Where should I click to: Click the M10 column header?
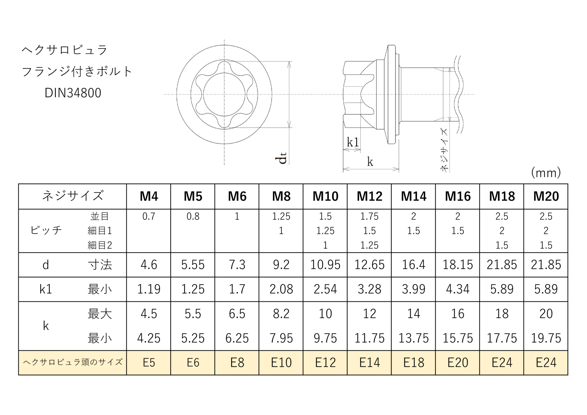[x=325, y=196]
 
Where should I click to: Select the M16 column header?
[x=458, y=196]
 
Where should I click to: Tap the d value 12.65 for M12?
[x=369, y=264]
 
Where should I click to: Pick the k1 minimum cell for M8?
[x=281, y=289]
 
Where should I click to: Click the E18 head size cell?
[x=414, y=363]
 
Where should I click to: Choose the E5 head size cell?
[x=149, y=363]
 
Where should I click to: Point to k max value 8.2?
[x=281, y=313]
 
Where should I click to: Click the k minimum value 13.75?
[x=414, y=338]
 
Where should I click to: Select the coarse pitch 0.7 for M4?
[x=149, y=216]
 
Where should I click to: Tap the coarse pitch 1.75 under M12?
[x=369, y=216]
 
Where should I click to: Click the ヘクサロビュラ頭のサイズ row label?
[x=73, y=362]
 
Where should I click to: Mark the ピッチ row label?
[x=46, y=230]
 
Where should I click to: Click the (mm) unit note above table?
[x=546, y=173]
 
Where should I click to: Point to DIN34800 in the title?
[x=73, y=93]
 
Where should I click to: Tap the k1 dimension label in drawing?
[x=353, y=142]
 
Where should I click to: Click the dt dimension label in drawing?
[x=282, y=158]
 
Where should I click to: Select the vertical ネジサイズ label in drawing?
[x=444, y=150]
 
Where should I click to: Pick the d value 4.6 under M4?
[x=149, y=264]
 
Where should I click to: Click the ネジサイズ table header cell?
[x=73, y=196]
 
